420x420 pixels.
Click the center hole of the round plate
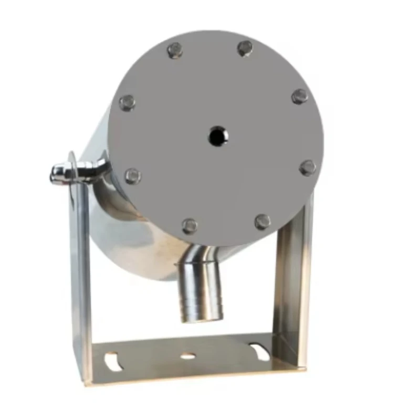[x=217, y=136]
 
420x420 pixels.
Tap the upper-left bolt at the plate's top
[x=175, y=50]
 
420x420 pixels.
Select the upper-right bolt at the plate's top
[x=245, y=48]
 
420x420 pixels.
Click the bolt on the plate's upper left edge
[x=127, y=102]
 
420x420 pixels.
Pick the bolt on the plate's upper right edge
[x=300, y=96]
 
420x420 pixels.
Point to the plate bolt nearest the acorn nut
[x=132, y=176]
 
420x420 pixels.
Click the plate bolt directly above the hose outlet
[x=190, y=226]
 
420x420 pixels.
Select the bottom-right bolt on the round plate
[x=262, y=222]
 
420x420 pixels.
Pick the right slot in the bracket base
[x=260, y=351]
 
